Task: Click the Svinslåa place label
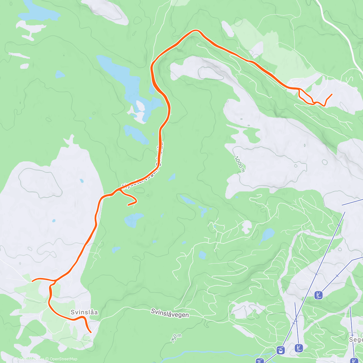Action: point(84,312)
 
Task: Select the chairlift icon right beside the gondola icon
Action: point(299,348)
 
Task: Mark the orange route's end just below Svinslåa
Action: point(91,332)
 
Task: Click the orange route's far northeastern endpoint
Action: point(332,94)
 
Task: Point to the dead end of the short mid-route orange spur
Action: point(128,205)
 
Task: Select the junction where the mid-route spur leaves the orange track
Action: point(119,190)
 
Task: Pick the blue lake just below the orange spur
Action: point(134,220)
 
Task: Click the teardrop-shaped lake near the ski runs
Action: point(267,235)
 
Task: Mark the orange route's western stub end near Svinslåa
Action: point(32,280)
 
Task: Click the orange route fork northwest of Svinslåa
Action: point(55,281)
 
